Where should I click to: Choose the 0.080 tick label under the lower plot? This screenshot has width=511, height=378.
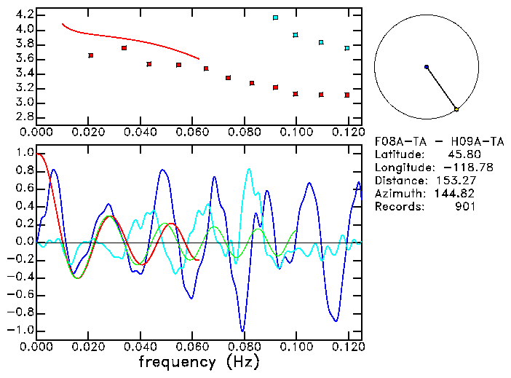(243, 347)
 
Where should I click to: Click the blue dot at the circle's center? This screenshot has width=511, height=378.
(427, 67)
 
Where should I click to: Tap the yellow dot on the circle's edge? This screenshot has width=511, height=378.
(456, 109)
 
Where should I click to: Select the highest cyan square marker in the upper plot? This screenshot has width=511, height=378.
(275, 17)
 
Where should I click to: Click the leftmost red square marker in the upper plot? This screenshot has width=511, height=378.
(91, 55)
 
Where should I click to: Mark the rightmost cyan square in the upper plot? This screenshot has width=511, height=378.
(347, 48)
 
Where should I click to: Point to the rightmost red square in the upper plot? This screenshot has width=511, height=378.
(347, 95)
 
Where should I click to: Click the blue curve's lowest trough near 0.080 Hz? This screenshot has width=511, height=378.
(242, 330)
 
